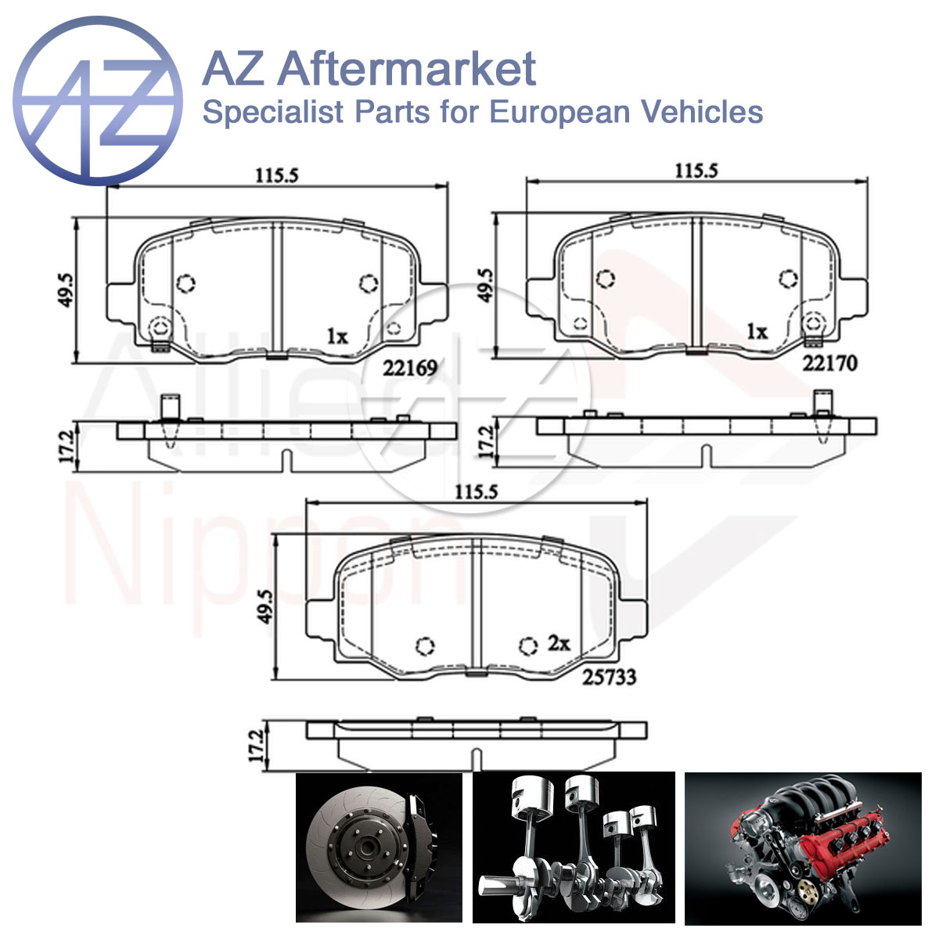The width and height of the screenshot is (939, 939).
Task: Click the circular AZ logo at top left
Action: click(98, 101)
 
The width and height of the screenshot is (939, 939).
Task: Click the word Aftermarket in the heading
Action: click(407, 69)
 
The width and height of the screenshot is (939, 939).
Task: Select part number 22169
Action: click(410, 369)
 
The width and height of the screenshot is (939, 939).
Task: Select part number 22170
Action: click(830, 363)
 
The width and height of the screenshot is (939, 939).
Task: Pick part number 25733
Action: click(609, 677)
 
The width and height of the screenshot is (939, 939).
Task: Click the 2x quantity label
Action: click(559, 643)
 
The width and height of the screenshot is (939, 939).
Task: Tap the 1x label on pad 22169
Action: click(337, 336)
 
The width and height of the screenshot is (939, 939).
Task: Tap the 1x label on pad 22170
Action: click(757, 332)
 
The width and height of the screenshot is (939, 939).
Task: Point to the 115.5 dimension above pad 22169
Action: click(277, 175)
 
